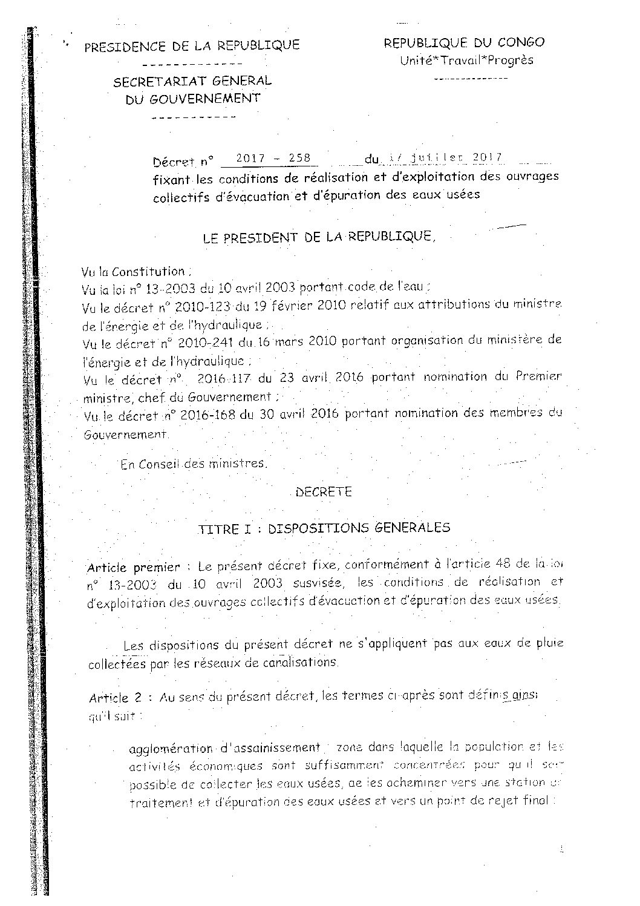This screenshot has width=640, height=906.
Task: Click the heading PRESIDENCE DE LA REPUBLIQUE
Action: click(x=192, y=46)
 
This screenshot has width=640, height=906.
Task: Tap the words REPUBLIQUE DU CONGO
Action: click(x=464, y=42)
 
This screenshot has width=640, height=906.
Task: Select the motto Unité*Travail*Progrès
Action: click(x=466, y=60)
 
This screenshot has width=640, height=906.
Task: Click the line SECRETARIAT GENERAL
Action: click(x=192, y=80)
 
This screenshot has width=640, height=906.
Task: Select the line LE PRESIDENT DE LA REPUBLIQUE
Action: click(x=319, y=237)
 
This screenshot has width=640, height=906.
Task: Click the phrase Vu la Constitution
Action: click(x=134, y=272)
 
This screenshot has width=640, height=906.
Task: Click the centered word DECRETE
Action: click(x=323, y=491)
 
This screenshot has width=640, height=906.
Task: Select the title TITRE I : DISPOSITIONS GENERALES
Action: click(x=324, y=528)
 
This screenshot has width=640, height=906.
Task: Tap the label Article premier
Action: click(x=133, y=568)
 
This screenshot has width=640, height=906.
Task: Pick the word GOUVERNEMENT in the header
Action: click(x=192, y=99)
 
